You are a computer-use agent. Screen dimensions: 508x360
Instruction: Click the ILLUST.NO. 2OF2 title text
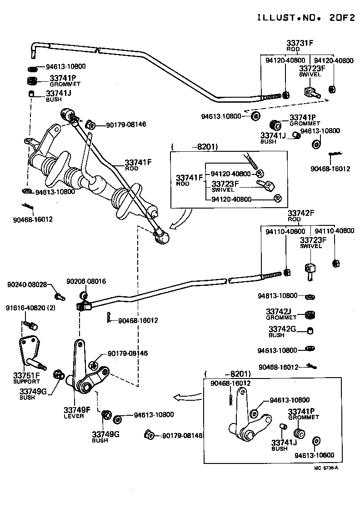click(x=306, y=18)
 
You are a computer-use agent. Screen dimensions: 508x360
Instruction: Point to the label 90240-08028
click(x=27, y=284)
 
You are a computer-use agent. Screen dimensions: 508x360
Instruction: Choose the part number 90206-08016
click(x=86, y=282)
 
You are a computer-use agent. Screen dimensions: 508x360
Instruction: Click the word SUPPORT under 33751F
click(x=26, y=381)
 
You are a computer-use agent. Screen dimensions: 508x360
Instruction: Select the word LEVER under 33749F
click(x=74, y=416)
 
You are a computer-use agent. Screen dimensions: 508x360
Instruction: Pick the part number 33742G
click(x=282, y=329)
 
